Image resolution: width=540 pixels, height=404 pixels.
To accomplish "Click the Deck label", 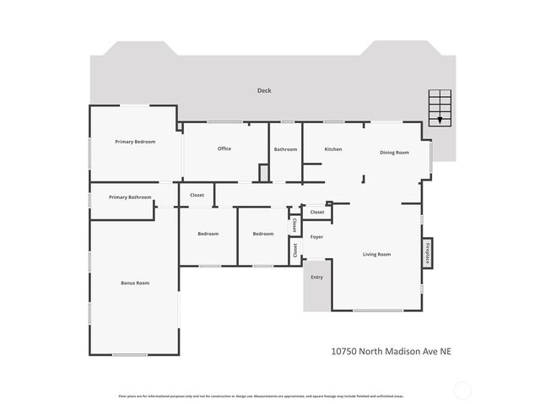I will point(264,90).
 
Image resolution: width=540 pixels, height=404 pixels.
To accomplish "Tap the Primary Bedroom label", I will point(135,142).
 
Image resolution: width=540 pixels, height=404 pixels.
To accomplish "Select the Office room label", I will point(224,148).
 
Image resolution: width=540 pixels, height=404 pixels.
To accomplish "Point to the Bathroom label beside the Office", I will point(285,149).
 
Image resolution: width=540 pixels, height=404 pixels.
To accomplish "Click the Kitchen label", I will point(333,149).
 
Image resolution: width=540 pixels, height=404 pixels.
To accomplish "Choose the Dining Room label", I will point(394,153).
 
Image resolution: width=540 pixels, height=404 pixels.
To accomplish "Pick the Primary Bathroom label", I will point(130,197).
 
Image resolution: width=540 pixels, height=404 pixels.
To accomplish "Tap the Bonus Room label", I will point(135,283).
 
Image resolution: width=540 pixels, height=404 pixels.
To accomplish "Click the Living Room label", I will point(376,254).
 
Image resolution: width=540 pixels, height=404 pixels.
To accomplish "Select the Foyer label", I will point(317,237).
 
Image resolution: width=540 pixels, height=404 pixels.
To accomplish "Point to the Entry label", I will point(316,277).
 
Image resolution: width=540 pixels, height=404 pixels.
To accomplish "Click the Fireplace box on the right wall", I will point(427,252).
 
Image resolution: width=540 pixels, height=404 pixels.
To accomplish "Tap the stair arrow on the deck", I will point(439,121).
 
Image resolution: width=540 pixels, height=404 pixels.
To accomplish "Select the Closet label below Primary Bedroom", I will point(197,195).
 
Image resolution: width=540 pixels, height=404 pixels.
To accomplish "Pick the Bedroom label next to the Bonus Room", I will point(208,234).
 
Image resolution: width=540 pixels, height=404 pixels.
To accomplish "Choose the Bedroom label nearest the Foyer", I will point(263,234).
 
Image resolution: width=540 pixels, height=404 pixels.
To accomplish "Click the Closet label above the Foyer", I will point(317,212).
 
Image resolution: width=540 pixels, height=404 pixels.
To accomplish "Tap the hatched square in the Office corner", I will point(264,173).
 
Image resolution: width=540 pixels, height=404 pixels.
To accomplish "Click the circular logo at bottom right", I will point(463,390).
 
